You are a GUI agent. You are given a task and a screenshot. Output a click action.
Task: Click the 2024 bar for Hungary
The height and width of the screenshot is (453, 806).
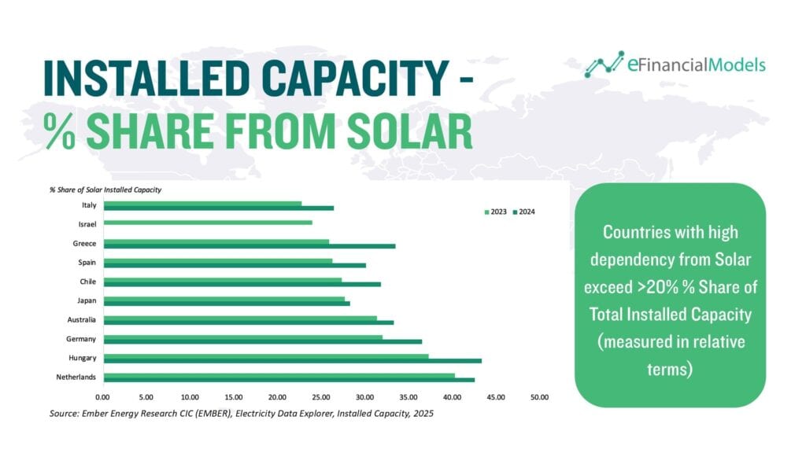(x=293, y=360)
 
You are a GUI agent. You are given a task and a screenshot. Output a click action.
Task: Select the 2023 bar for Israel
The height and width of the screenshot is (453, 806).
(x=208, y=223)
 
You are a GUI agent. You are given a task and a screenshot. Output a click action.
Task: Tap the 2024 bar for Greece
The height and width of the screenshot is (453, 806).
(x=250, y=246)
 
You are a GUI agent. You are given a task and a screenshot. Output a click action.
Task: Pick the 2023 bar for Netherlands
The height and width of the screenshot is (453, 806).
(x=279, y=375)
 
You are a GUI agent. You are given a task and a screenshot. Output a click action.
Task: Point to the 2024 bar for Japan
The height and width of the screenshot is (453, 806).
(x=227, y=304)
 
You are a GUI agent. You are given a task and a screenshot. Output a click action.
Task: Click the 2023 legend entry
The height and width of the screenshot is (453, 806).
(x=496, y=212)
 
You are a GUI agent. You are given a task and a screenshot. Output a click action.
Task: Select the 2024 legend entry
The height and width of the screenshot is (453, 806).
(x=523, y=212)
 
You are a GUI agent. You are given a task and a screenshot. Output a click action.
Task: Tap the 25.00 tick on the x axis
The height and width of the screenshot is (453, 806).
(x=321, y=397)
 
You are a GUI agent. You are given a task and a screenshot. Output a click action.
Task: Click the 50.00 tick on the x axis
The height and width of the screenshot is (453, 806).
(x=539, y=397)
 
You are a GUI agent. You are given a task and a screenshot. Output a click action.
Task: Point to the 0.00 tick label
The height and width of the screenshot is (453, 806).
(x=102, y=397)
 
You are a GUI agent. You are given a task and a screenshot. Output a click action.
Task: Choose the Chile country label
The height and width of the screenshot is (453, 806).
(x=88, y=282)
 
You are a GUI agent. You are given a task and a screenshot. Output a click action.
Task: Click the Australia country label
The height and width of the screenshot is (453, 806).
(x=81, y=319)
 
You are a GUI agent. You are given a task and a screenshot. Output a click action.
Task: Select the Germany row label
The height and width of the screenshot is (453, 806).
(x=81, y=339)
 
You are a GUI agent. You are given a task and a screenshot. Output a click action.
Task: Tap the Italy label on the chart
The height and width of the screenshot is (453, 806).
(x=89, y=205)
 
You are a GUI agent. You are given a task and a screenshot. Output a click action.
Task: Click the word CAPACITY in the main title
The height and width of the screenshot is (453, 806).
(x=355, y=78)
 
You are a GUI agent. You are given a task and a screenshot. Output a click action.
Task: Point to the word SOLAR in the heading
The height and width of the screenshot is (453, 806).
(x=409, y=131)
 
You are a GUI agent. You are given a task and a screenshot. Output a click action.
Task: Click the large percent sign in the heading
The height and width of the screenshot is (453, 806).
(x=59, y=131)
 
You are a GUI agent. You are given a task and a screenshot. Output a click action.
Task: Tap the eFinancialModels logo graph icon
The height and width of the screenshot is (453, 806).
(x=604, y=64)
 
